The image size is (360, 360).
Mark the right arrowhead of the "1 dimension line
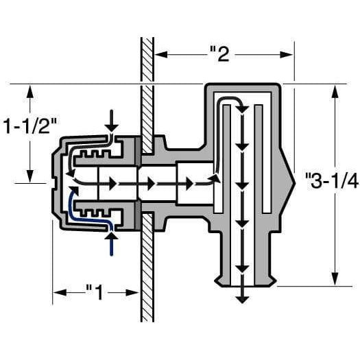[x=135, y=292]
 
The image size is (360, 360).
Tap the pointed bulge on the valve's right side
[x=289, y=180]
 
